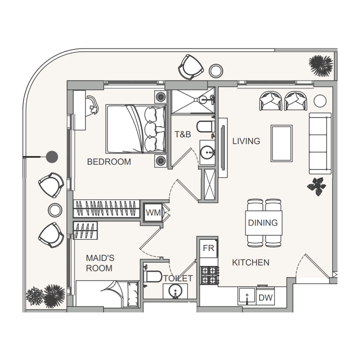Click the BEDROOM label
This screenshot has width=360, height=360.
pyautogui.click(x=109, y=162)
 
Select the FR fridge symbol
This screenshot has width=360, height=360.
pyautogui.click(x=208, y=248)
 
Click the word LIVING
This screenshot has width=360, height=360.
pyautogui.click(x=246, y=141)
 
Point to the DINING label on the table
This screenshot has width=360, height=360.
pyautogui.click(x=263, y=223)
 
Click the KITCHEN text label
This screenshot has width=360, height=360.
pyautogui.click(x=251, y=262)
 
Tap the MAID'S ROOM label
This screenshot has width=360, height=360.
pyautogui.click(x=99, y=263)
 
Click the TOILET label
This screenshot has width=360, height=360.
pyautogui.click(x=178, y=279)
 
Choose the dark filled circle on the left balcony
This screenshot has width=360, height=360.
pyautogui.click(x=53, y=157)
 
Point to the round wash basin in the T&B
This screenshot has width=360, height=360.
pyautogui.click(x=208, y=152)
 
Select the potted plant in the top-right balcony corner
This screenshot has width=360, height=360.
pyautogui.click(x=321, y=66)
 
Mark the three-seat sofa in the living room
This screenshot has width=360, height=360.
pyautogui.click(x=320, y=143)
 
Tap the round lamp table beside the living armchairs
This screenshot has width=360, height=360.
pyautogui.click(x=319, y=101)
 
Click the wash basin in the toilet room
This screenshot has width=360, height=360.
pyautogui.click(x=175, y=292)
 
